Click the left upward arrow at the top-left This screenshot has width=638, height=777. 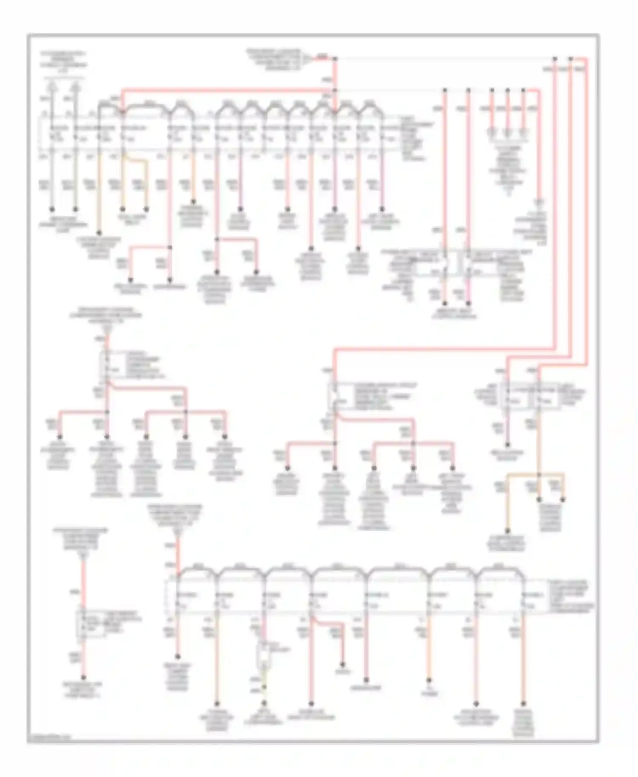(52, 87)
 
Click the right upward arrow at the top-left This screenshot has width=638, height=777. (76, 87)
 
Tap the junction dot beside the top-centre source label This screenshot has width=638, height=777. (335, 58)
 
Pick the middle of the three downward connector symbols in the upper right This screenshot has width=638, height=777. (507, 131)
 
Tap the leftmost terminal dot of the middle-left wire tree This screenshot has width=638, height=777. (60, 437)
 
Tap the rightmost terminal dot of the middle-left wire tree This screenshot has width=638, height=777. (225, 437)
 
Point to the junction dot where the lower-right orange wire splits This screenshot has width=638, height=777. (539, 474)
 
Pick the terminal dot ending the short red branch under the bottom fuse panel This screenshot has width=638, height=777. (342, 664)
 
